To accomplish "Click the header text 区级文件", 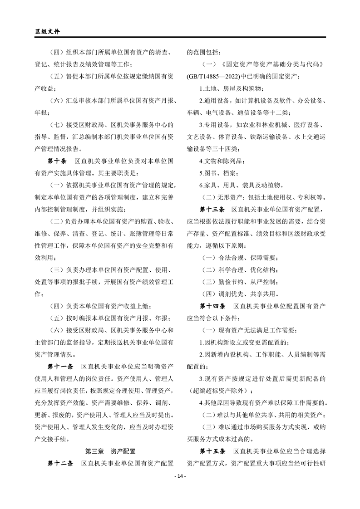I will click(47, 32).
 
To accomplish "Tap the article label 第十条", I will click(57, 161).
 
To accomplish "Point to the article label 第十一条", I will click(60, 365).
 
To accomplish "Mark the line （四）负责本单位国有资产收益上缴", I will click(103, 306).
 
